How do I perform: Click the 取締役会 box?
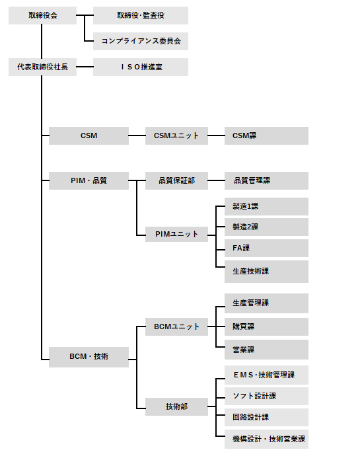[42, 16]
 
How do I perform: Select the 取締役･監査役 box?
[141, 16]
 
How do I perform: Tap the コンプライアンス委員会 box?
[141, 41]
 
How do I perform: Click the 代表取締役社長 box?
[42, 67]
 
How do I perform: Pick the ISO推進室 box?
[141, 67]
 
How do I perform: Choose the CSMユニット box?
[176, 136]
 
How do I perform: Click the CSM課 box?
[266, 136]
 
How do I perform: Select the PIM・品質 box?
[89, 180]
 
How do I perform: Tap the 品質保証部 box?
[176, 180]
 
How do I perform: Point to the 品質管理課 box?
[266, 180]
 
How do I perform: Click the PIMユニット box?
[176, 234]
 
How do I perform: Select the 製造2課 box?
[266, 227]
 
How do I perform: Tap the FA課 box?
[266, 249]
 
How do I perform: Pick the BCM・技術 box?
[89, 357]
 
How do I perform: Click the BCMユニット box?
[176, 326]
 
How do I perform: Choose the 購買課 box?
[266, 326]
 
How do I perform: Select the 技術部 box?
[176, 406]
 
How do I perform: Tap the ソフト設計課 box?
[266, 396]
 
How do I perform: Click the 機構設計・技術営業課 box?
[266, 439]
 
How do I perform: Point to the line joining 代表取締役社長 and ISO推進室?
[85, 67]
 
